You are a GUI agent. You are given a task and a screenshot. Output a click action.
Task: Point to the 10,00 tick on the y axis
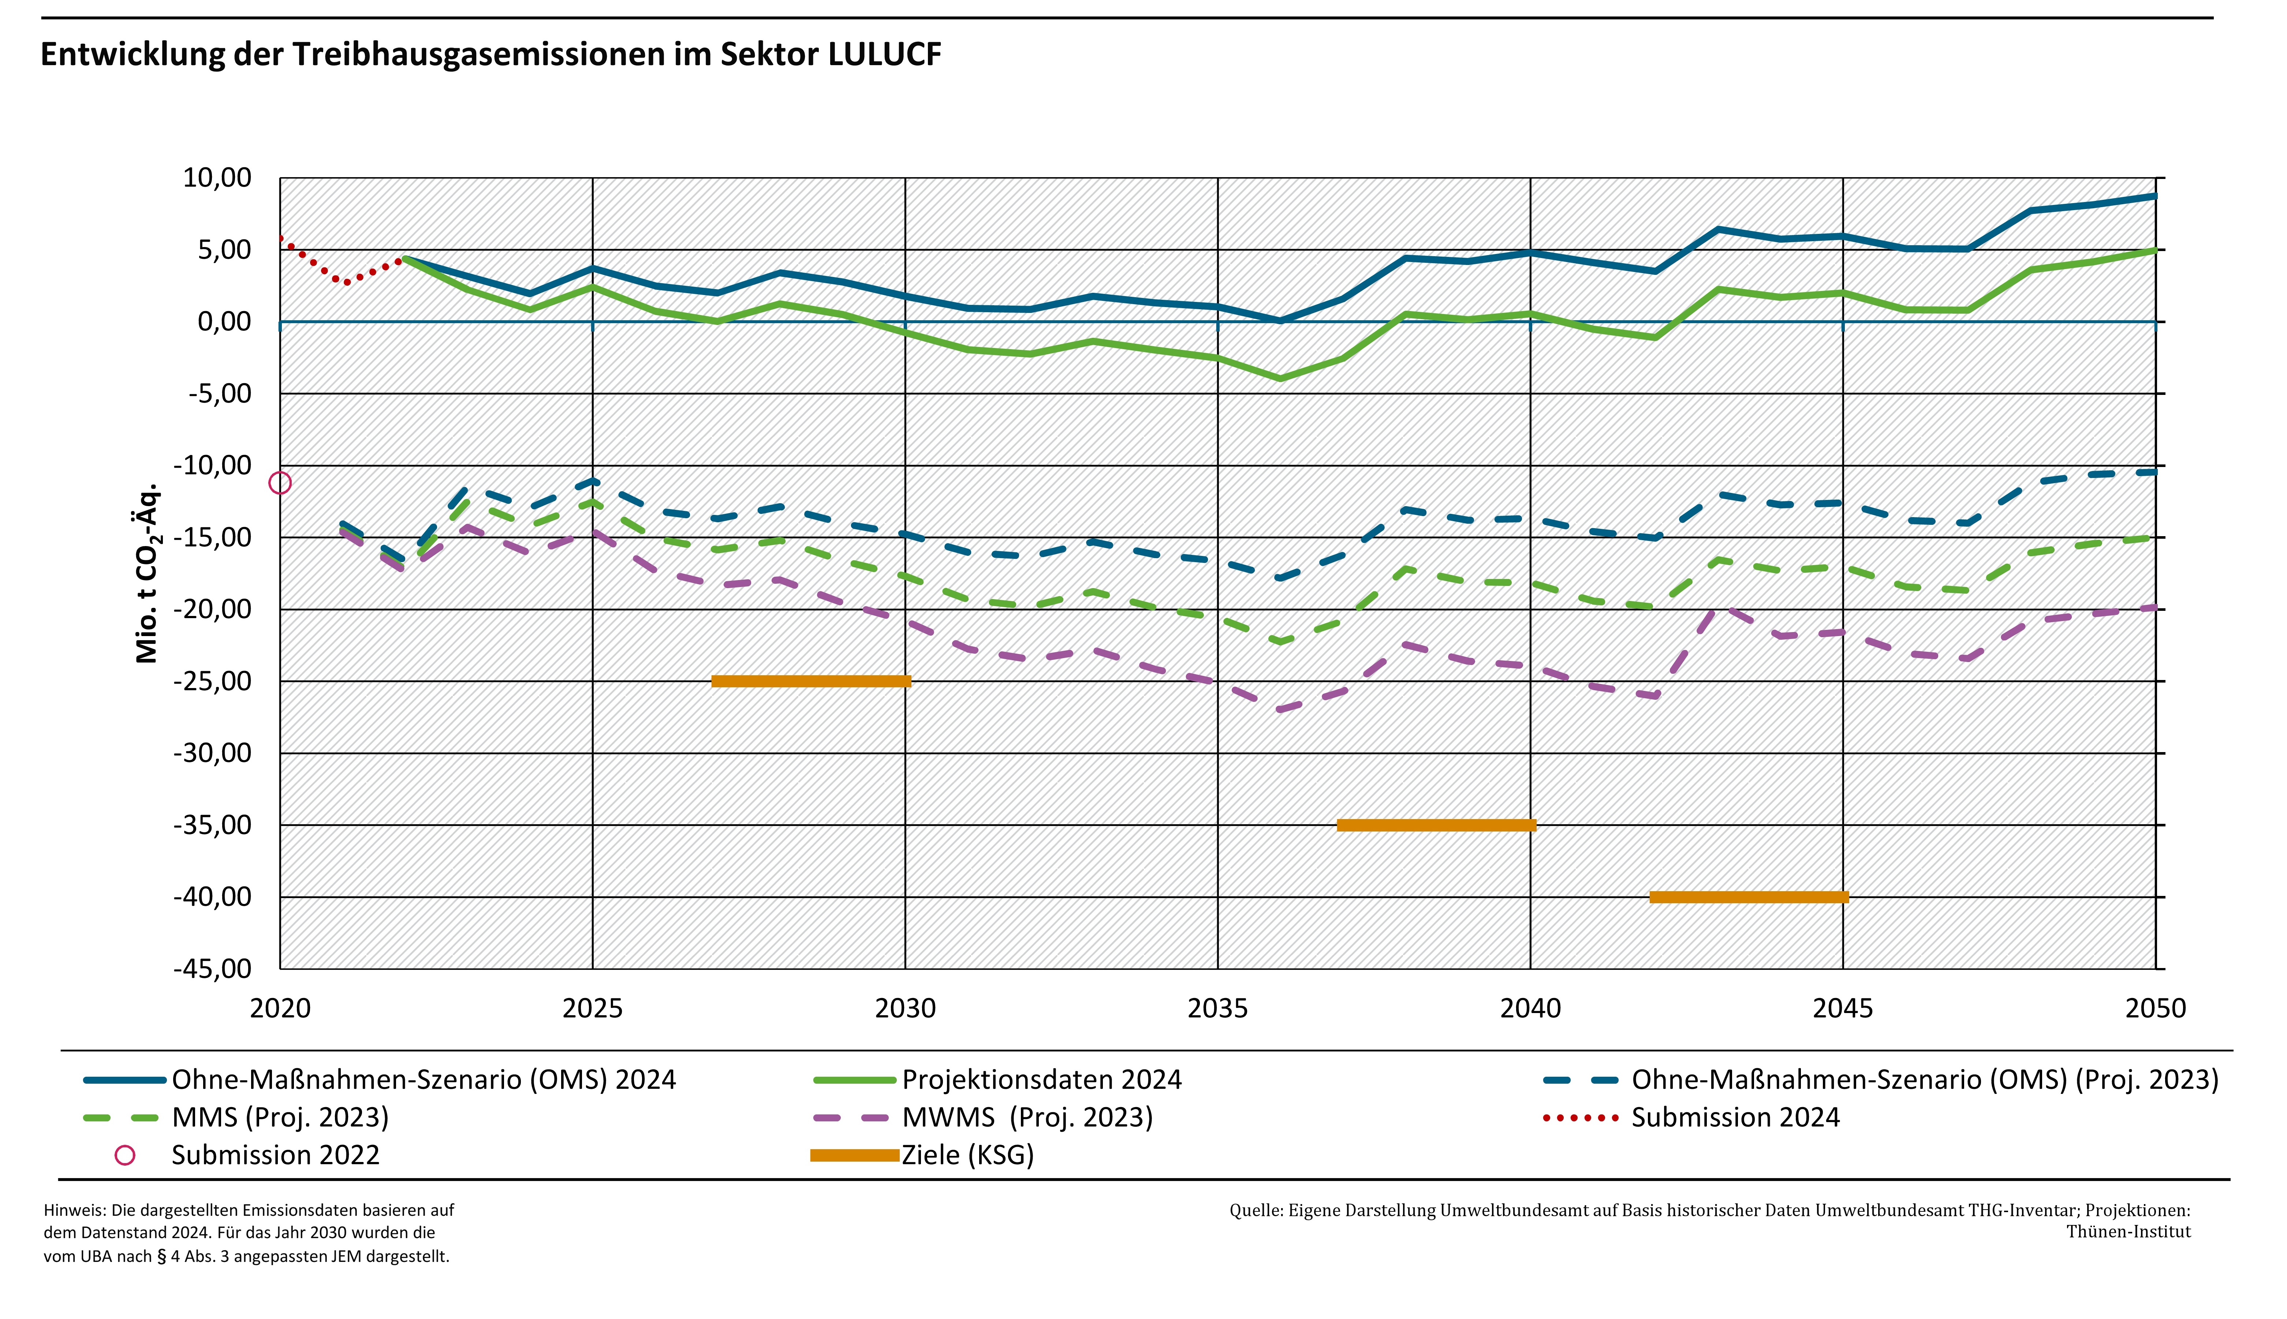coord(217,178)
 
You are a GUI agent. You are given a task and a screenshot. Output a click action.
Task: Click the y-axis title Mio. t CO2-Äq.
coord(147,573)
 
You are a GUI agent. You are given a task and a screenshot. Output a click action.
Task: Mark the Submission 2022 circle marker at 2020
coord(280,483)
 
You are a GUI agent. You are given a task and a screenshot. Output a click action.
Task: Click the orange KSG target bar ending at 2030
coord(811,681)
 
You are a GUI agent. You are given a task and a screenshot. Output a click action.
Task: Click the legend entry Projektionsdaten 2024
coord(1042,1080)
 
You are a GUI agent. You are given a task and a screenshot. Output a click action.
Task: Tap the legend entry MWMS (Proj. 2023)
coord(1027,1118)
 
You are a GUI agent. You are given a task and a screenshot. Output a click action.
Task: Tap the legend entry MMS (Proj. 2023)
coord(280,1118)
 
